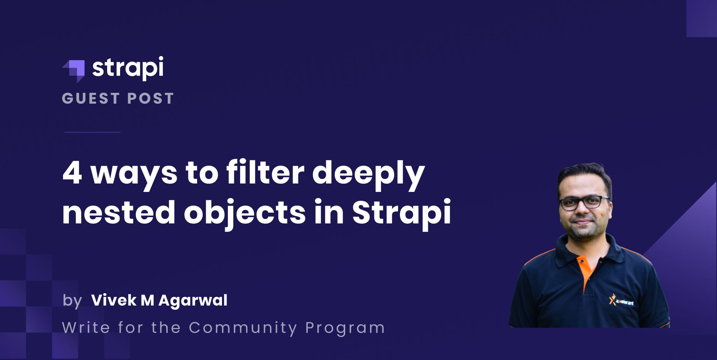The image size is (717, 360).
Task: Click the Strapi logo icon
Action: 75,70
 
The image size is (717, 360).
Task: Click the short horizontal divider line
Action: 92,132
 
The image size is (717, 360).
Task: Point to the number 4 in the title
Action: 72,174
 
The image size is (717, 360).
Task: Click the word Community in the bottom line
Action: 243,328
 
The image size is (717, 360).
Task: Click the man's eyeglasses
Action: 584,203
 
